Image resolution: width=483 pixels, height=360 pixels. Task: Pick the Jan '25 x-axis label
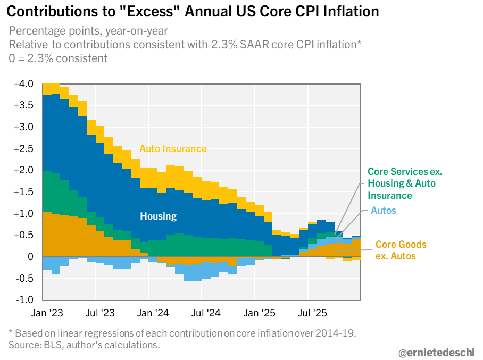[259, 313]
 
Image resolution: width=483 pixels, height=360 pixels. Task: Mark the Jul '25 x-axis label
[312, 313]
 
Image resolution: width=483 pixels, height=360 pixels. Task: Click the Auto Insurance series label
[173, 149]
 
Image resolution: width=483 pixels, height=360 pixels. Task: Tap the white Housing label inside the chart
[158, 216]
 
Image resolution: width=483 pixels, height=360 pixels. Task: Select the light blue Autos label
[384, 211]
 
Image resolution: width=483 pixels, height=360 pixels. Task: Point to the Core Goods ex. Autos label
[401, 250]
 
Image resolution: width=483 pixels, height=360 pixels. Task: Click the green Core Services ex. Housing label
[405, 183]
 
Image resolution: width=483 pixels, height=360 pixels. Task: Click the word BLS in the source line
[45, 345]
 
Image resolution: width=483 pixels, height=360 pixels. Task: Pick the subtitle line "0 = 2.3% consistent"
[58, 58]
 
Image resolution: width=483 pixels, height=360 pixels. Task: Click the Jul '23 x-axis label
[100, 313]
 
